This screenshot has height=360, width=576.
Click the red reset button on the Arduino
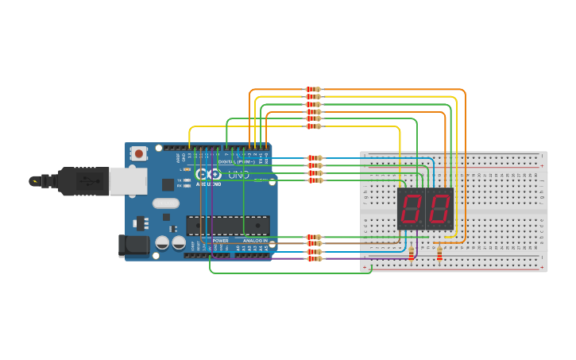coord(139,153)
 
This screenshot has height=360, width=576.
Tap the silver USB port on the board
coord(128,181)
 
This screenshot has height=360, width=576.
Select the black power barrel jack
coord(133,245)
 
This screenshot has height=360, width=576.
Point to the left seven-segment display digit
coord(411,209)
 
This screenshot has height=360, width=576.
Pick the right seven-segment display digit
coord(439,209)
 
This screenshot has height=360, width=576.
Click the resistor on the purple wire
coord(315,258)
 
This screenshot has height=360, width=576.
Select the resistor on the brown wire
coord(315,244)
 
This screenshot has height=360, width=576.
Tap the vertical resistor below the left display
coord(412,254)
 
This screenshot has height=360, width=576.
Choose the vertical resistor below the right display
coord(440,254)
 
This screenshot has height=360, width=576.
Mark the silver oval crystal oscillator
coord(166,203)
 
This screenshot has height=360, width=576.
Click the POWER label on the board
coord(220,240)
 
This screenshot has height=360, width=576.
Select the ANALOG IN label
coord(255,240)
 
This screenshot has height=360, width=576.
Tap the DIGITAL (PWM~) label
coord(238,161)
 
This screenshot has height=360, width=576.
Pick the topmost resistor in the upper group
coord(314,90)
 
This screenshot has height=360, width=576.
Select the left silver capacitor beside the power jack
coord(162,242)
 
